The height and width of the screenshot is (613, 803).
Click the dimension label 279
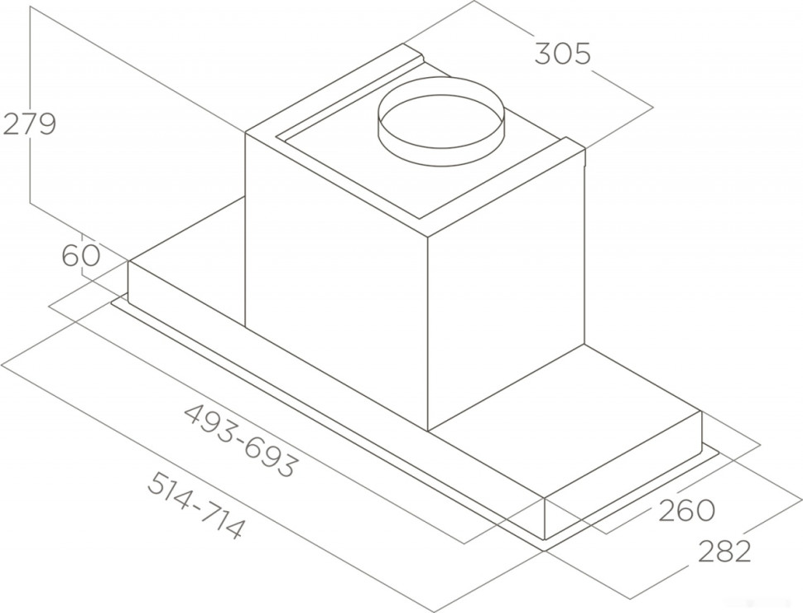pos(29,124)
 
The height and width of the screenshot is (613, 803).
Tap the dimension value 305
pos(563,54)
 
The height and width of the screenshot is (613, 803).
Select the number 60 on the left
pos(81,255)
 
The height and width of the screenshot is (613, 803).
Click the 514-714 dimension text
pos(195,504)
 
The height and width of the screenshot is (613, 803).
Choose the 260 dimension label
pos(686,510)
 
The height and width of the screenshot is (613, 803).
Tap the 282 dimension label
pos(724,551)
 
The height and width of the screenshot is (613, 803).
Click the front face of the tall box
pos(336,282)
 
